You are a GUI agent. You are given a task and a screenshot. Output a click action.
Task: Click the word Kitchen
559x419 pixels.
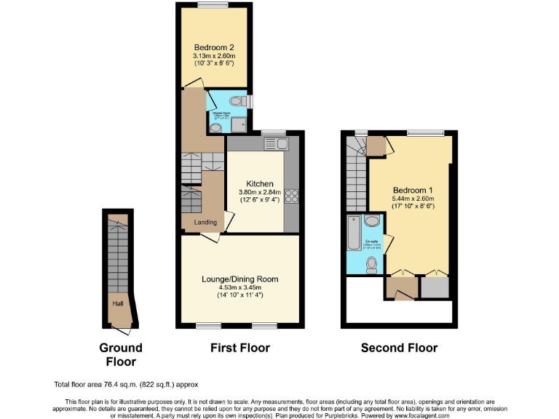(x=260, y=183)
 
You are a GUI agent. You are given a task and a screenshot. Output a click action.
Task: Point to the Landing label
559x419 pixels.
(x=205, y=222)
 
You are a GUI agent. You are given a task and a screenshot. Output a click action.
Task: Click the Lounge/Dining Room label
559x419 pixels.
(x=239, y=279)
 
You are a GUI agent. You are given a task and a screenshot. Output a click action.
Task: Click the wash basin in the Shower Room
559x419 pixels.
(x=215, y=128)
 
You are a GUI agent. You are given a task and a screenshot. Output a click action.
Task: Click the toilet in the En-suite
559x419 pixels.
(x=372, y=263)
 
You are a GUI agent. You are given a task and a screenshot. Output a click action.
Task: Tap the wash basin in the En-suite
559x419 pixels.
(x=372, y=221)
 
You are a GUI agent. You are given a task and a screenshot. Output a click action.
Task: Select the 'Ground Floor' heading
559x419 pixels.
(x=121, y=354)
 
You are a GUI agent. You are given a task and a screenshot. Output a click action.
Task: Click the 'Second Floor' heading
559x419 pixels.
(x=399, y=348)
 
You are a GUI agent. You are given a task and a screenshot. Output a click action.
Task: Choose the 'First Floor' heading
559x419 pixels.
(x=239, y=348)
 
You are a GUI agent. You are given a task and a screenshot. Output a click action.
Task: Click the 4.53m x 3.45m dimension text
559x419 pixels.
(x=239, y=287)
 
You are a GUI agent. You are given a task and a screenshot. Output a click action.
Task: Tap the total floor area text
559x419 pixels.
(x=126, y=384)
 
